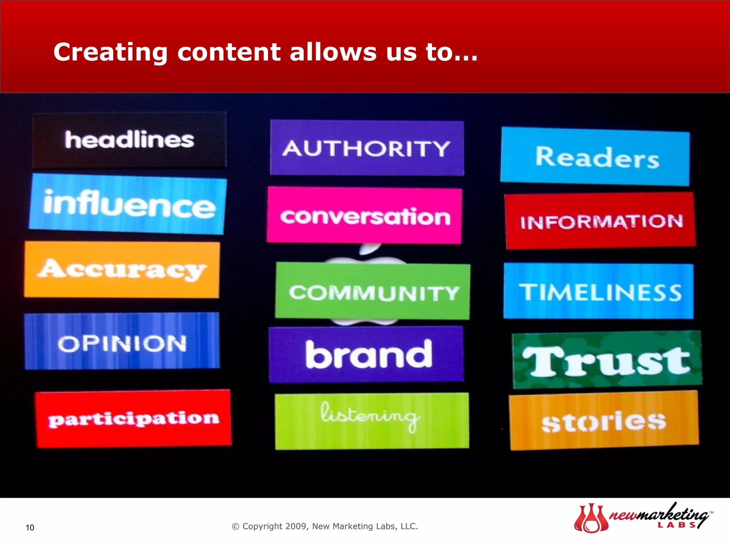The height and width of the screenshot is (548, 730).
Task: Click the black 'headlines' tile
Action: click(129, 140)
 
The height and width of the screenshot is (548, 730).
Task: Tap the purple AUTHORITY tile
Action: click(367, 148)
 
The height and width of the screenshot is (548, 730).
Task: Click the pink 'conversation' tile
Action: click(364, 216)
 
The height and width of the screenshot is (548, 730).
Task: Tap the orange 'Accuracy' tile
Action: click(122, 270)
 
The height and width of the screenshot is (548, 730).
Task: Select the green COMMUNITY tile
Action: click(373, 291)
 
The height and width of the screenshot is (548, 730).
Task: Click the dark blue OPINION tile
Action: click(122, 342)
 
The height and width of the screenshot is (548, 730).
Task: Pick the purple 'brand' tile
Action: click(366, 355)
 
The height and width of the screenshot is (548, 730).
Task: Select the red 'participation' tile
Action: click(133, 419)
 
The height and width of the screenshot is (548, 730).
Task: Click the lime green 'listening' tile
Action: click(372, 421)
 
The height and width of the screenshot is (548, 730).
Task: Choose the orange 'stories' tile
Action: click(604, 421)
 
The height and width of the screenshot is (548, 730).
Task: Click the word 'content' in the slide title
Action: click(229, 52)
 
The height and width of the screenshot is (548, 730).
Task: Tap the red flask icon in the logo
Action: click(591, 519)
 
